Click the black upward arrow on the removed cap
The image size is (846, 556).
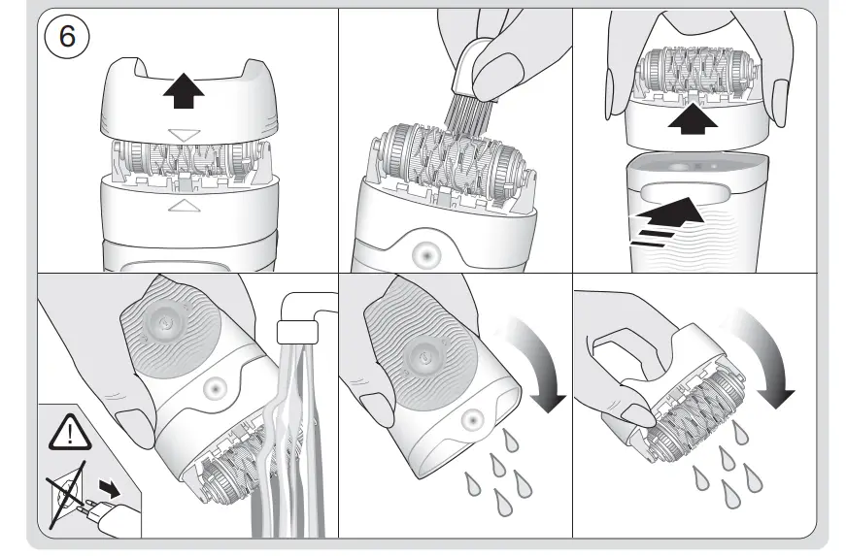[x=184, y=93]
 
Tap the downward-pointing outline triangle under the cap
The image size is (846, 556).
[x=184, y=134]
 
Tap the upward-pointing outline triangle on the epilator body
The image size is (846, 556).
[x=184, y=205]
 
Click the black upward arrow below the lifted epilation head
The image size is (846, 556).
[x=693, y=118]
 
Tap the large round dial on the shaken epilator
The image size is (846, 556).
[x=420, y=353]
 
